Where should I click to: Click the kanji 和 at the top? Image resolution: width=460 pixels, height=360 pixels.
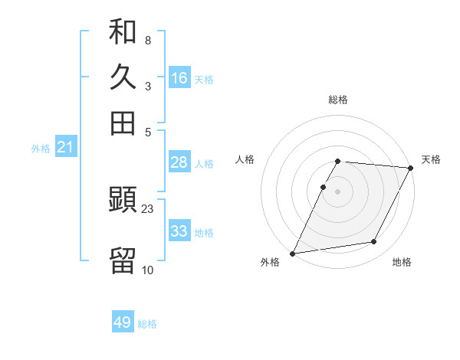(123, 33)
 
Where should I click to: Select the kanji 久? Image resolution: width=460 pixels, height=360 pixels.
(123, 78)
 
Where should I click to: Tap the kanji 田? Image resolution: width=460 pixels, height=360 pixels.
(123, 123)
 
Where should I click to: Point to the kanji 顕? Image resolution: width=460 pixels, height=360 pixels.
(123, 201)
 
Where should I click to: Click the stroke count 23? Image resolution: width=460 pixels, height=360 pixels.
(148, 208)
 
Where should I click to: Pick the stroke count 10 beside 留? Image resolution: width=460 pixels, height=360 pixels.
(148, 270)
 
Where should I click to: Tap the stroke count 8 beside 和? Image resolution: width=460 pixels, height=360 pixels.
(147, 40)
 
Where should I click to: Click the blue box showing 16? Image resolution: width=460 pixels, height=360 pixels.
(179, 78)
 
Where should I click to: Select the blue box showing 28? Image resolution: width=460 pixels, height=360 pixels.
(179, 162)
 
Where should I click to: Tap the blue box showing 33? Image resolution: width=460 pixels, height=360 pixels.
(179, 231)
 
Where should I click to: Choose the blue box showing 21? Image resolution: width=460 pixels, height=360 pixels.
(65, 147)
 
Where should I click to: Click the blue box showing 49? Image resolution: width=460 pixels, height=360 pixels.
(123, 322)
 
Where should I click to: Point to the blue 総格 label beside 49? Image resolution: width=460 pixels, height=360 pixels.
(147, 324)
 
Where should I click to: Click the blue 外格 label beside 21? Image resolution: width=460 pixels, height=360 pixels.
(41, 149)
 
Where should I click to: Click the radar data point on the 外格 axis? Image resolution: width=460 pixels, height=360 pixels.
(292, 254)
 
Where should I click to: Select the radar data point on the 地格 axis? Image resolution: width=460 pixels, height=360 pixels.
(374, 242)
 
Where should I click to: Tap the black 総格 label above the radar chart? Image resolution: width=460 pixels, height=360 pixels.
(338, 100)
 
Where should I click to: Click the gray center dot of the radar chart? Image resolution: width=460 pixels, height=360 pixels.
(338, 191)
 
